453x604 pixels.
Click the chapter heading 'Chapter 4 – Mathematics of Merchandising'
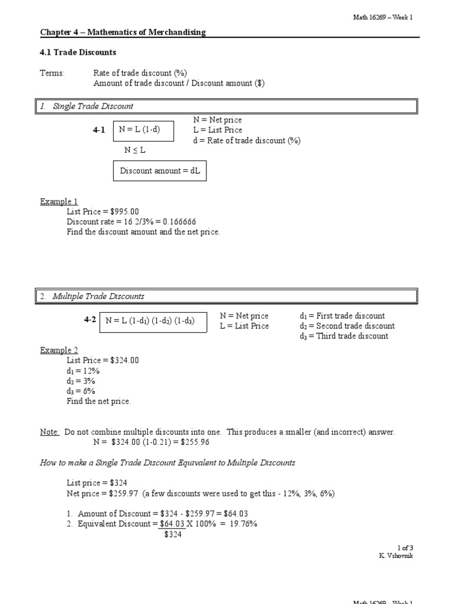coord(123,32)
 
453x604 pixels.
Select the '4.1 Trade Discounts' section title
coord(78,52)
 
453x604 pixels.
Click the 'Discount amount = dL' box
coord(160,171)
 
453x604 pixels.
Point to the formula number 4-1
coord(99,130)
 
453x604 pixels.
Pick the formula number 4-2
coord(90,320)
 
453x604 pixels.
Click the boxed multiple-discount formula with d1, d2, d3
coord(153,321)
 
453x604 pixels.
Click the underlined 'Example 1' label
coord(58,202)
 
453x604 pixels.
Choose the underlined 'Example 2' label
coord(58,350)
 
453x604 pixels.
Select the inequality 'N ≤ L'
coord(135,150)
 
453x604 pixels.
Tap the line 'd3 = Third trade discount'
coord(344,336)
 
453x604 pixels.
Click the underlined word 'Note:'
coord(50,432)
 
